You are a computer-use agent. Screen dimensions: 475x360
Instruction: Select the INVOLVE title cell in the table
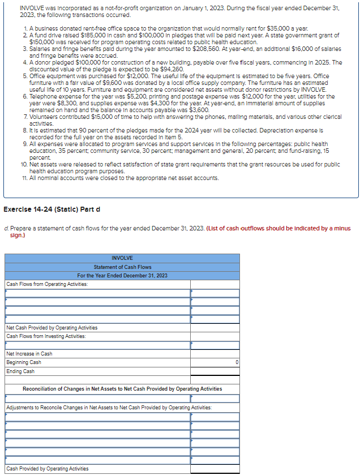[122, 259]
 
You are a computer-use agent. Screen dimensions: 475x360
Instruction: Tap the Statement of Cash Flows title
[122, 267]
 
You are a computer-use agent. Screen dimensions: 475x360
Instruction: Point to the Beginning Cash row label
[24, 362]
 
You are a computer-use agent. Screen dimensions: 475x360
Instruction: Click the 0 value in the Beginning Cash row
[237, 362]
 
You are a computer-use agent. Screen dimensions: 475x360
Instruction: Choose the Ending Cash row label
[20, 371]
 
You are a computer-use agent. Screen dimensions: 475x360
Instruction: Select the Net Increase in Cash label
[29, 353]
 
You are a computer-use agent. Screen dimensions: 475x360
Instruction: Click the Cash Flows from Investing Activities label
[46, 336]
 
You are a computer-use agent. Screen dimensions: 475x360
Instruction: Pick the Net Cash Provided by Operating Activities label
[52, 327]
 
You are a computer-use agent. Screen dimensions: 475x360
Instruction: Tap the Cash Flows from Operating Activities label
[47, 284]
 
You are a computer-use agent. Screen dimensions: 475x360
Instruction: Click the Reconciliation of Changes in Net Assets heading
[122, 389]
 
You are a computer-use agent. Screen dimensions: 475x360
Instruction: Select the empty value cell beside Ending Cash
[215, 371]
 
